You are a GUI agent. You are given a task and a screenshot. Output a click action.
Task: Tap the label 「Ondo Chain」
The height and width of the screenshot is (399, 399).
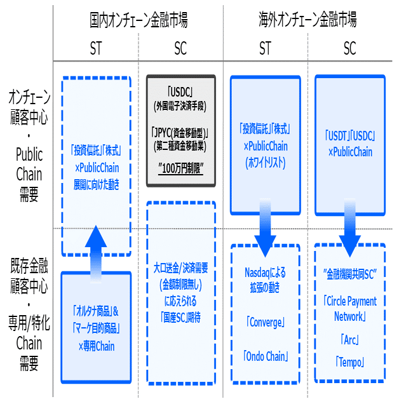[x=265, y=356]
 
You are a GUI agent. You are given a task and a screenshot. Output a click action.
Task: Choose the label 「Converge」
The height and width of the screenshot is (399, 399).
[x=265, y=323]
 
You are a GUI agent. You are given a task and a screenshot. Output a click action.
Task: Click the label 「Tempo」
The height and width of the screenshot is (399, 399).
[x=349, y=361]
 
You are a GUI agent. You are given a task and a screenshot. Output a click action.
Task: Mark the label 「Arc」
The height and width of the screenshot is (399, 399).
[x=349, y=338]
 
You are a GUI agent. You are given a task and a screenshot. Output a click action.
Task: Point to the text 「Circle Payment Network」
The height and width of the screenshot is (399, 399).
[x=349, y=308]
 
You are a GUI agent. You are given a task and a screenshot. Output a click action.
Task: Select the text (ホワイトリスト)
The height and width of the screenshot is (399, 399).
[x=265, y=163]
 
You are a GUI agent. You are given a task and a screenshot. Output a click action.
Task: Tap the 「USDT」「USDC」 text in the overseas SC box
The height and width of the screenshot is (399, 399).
[x=349, y=137]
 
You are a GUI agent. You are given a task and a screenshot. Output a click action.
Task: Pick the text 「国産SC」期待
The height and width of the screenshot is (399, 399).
[x=180, y=316]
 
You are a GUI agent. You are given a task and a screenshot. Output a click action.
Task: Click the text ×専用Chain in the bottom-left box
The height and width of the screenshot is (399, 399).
[x=96, y=346]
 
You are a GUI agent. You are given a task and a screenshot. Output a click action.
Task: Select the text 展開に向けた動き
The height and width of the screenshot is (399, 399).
[x=96, y=185]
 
